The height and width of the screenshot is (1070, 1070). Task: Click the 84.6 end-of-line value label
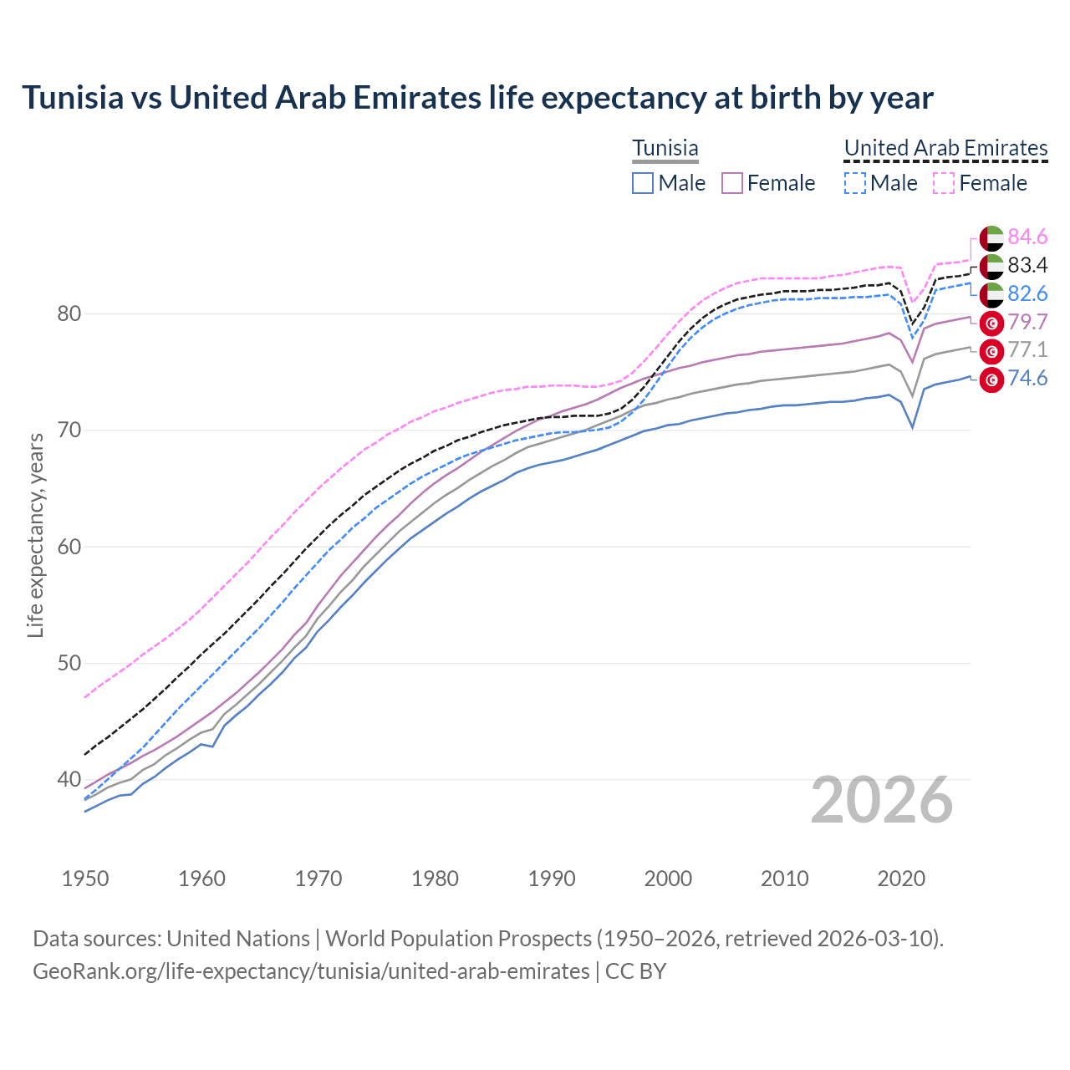1027,237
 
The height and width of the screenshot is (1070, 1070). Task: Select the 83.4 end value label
1027,265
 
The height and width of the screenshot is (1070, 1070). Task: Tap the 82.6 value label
1027,293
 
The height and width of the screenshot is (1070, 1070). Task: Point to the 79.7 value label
1027,322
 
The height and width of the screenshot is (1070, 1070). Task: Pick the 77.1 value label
1027,349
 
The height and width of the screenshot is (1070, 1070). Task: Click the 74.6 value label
1027,378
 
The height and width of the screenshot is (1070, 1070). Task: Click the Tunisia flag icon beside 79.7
991,323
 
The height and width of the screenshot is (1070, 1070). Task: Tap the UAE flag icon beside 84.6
991,237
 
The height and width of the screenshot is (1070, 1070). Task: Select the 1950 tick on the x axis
86,879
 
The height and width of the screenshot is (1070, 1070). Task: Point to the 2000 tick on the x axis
668,879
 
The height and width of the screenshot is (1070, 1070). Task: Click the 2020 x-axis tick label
901,879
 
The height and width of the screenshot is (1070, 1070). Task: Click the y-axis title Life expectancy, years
35,535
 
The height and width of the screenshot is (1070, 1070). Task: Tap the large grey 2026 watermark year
881,800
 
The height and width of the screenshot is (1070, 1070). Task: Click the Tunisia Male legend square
642,183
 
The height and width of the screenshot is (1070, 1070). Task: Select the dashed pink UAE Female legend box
943,183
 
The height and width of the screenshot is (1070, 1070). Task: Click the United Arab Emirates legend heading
945,148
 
